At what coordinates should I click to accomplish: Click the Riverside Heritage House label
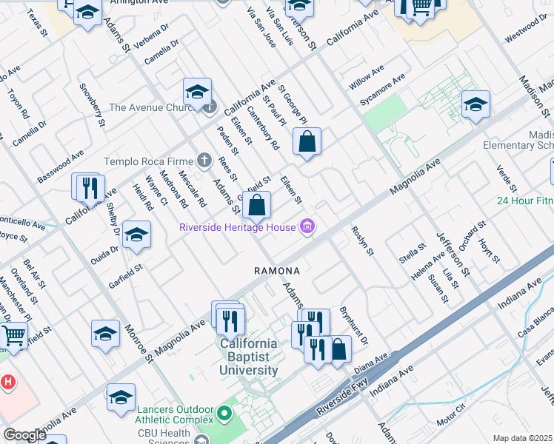238,227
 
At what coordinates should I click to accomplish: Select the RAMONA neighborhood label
277,271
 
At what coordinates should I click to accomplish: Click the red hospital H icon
7,383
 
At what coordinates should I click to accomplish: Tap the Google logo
24,435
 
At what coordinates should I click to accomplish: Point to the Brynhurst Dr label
353,326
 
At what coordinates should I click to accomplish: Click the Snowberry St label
93,108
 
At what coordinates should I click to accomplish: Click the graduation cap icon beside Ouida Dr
136,235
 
